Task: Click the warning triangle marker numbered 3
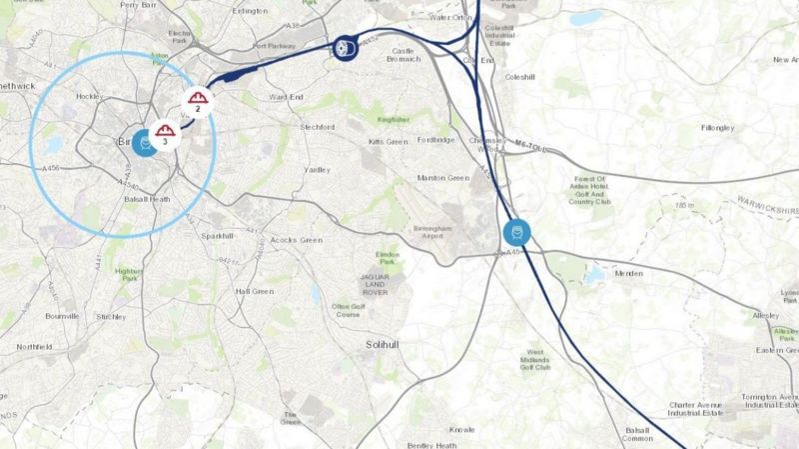click(164, 134)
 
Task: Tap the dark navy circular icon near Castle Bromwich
click(346, 47)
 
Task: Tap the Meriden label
click(628, 272)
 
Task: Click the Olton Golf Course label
click(348, 309)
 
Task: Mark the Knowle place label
click(461, 430)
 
